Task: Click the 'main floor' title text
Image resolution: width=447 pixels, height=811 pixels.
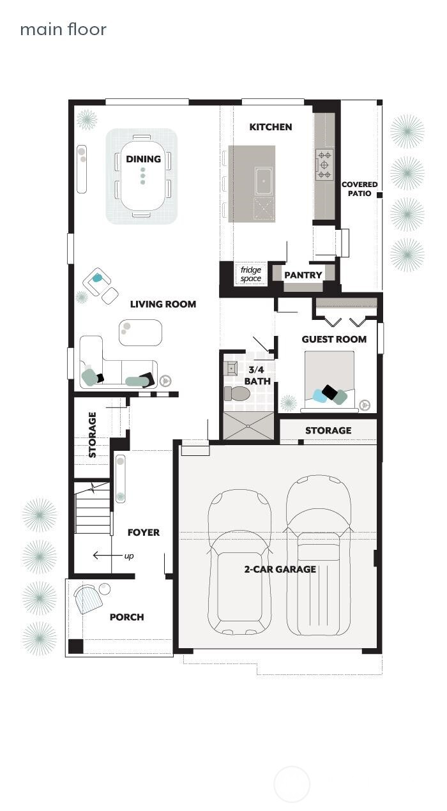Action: tap(63, 29)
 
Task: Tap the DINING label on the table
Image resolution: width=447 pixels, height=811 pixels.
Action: tap(143, 159)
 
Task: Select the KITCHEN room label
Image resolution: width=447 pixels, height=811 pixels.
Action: tap(270, 127)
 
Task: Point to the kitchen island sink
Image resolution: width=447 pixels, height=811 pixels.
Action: tap(264, 181)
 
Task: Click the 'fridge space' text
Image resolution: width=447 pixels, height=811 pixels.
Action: tap(251, 274)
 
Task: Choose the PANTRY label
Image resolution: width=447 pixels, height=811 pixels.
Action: tap(303, 275)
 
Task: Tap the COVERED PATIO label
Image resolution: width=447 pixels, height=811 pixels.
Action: tap(360, 188)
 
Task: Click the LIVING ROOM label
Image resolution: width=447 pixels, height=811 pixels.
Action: tap(163, 304)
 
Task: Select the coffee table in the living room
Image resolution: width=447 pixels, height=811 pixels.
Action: tap(140, 332)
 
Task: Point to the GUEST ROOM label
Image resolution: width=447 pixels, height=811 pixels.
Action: tap(334, 339)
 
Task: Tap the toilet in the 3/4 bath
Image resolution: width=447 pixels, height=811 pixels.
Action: tap(238, 393)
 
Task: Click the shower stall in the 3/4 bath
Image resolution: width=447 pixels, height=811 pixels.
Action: tap(248, 426)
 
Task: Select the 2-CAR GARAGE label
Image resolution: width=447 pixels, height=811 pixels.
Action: tap(280, 569)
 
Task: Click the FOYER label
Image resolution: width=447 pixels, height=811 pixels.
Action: tap(144, 532)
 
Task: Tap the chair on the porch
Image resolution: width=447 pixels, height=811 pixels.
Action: tap(88, 600)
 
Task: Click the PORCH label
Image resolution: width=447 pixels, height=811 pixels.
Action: tap(126, 617)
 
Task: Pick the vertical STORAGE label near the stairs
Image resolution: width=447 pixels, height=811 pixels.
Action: tap(92, 435)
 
